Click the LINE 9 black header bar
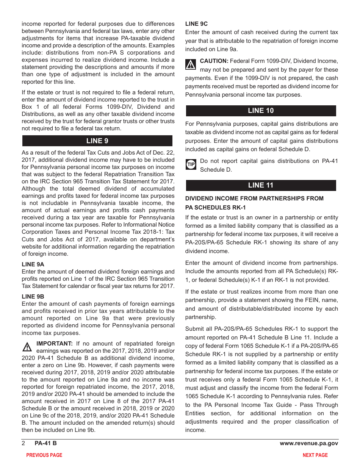(97, 141)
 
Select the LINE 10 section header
(261, 111)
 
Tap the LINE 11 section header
(261, 185)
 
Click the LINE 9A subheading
(33, 264)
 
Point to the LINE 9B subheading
(33, 297)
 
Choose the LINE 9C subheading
(196, 24)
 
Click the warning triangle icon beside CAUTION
(191, 64)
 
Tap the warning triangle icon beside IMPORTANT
(27, 347)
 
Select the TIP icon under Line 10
(191, 164)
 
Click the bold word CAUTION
(214, 61)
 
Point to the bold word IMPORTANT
(55, 344)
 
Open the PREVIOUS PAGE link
(44, 455)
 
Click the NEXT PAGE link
(315, 455)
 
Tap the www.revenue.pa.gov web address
(309, 443)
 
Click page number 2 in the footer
(23, 443)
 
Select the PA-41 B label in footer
(45, 443)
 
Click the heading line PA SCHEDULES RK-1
(215, 208)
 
